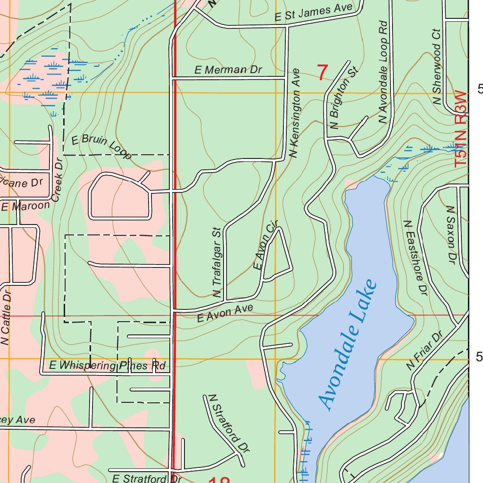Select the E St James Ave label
point(314,12)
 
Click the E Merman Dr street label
point(228,70)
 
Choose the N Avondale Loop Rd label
point(383,73)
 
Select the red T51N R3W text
point(461,129)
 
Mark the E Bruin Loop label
point(101,147)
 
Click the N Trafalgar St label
point(217,263)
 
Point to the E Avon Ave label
point(225,313)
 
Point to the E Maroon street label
point(25,206)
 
